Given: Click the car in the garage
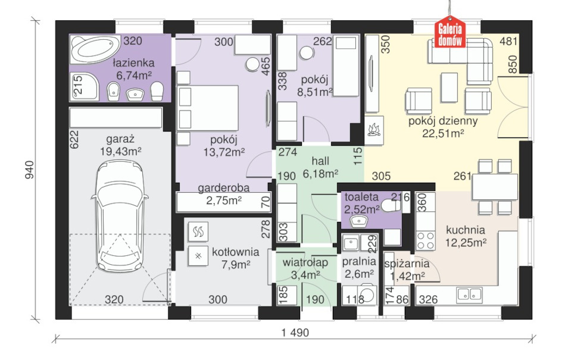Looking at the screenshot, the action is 120,215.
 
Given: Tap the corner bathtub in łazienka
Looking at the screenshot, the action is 95,49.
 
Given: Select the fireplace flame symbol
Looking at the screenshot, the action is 374,130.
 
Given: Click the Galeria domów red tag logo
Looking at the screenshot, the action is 450,32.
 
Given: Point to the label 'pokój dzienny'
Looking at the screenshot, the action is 443,121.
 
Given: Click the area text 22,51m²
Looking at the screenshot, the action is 443,134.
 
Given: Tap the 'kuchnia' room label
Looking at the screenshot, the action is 466,230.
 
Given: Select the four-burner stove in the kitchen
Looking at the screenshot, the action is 426,241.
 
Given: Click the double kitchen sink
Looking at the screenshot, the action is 469,294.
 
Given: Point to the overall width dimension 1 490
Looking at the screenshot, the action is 295,333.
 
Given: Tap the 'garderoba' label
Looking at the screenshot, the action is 223,187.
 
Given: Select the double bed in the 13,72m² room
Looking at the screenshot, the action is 208,108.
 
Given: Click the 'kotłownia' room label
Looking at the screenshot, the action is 236,252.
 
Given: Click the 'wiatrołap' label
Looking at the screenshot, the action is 305,262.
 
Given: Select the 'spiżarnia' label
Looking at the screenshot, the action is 407,264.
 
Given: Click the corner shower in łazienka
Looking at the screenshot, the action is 84,86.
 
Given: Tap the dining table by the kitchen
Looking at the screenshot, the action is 495,187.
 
